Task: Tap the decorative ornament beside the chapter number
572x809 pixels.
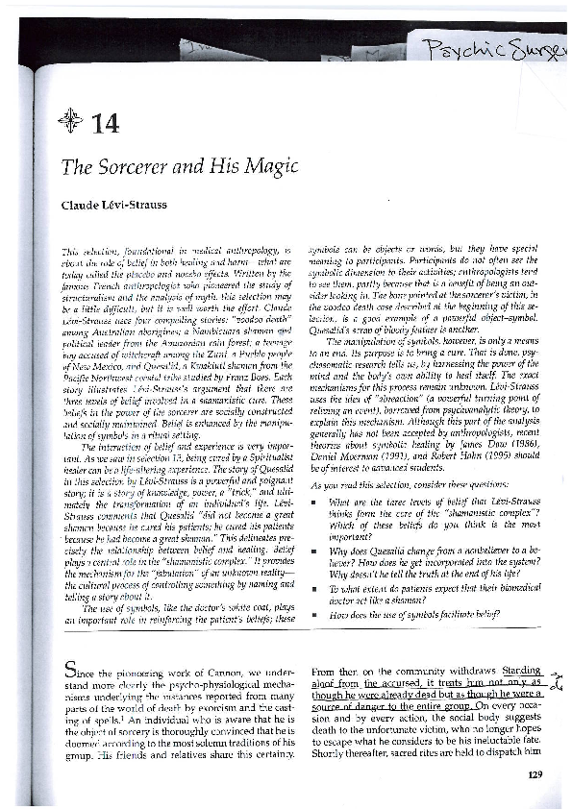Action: coord(71,121)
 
